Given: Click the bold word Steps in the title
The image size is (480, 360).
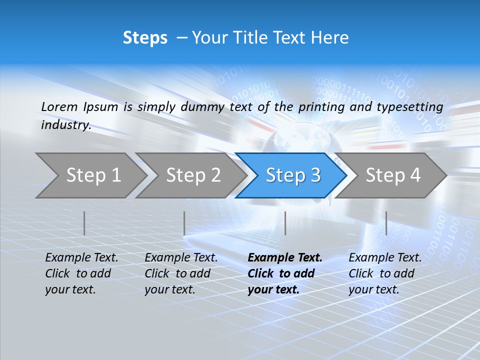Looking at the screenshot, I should point(145,38).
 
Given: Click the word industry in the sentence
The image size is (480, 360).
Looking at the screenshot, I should point(65,124).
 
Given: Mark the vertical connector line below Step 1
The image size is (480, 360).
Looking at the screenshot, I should point(84,223).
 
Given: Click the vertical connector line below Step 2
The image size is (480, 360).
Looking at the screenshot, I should point(184,223).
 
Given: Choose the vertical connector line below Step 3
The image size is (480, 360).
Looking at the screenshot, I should point(285,223).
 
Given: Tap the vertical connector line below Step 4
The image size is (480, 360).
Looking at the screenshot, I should point(386,223).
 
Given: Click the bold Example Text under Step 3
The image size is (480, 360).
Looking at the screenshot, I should point(285,258).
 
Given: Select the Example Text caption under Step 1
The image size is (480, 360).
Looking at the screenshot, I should point(81,258).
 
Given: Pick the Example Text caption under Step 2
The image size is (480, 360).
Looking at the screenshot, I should point(181,258).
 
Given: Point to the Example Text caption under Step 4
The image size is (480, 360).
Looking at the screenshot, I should point(385,258).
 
